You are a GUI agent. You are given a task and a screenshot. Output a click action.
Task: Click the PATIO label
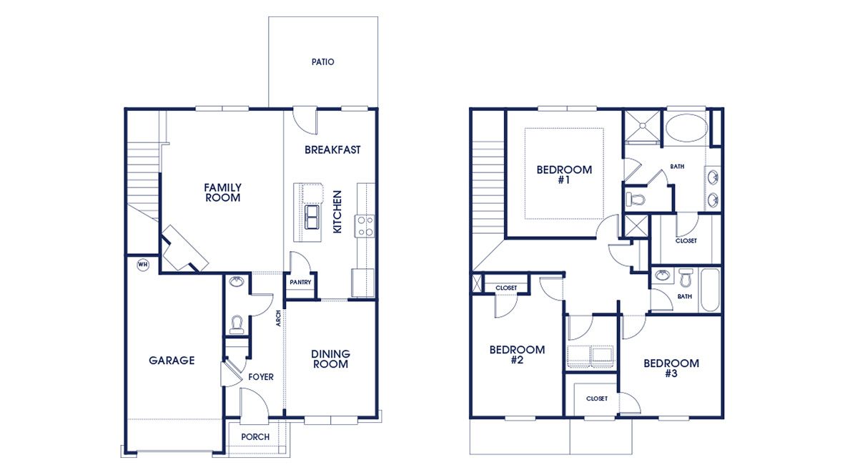click(322, 62)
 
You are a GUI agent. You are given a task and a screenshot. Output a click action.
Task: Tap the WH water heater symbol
click(142, 265)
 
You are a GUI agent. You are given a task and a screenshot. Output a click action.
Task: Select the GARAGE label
click(172, 361)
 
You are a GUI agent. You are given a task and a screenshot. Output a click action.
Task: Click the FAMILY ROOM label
click(223, 192)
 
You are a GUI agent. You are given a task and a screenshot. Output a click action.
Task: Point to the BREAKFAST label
click(332, 150)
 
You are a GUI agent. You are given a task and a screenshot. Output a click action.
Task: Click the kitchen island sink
click(312, 216)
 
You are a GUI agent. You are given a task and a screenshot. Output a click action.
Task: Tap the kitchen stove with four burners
click(365, 225)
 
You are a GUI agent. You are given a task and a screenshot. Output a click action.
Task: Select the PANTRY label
click(300, 283)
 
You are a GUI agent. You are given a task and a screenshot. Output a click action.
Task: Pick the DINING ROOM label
click(330, 358)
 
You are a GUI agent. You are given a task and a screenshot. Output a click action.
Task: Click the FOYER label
click(261, 377)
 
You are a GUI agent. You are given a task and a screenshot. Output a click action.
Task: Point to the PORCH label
click(255, 437)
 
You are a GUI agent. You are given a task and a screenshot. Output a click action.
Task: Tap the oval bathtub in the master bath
click(687, 130)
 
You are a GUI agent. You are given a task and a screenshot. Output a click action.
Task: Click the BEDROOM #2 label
click(517, 355)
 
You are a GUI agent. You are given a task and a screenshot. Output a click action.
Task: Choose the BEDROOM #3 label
click(671, 368)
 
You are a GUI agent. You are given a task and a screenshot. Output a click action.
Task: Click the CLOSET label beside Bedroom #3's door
click(597, 398)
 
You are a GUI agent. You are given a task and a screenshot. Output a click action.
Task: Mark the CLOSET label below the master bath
click(686, 241)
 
